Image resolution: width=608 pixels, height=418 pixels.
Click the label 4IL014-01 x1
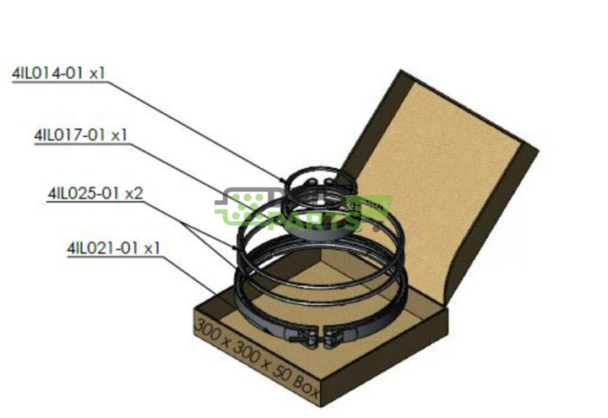(x=58, y=73)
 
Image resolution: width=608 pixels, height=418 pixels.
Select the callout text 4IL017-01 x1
(x=80, y=134)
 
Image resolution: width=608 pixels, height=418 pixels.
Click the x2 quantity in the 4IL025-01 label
(x=133, y=193)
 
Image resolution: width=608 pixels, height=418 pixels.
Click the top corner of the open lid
(x=400, y=71)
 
